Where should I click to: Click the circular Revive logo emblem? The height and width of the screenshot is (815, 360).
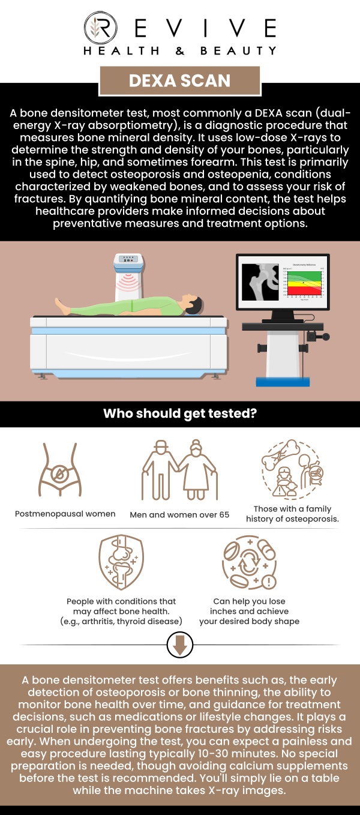[x=97, y=29]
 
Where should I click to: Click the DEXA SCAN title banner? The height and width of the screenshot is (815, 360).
[x=180, y=81]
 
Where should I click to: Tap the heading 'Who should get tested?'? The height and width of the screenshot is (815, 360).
[x=180, y=414]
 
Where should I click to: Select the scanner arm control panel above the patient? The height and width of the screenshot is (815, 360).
[x=127, y=260]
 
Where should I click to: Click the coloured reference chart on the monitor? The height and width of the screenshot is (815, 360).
[x=303, y=283]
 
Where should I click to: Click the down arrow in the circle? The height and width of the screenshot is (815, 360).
[x=180, y=645]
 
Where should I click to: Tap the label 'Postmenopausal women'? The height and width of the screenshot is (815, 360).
[x=65, y=514]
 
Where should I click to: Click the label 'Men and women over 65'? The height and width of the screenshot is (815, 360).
[x=179, y=514]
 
